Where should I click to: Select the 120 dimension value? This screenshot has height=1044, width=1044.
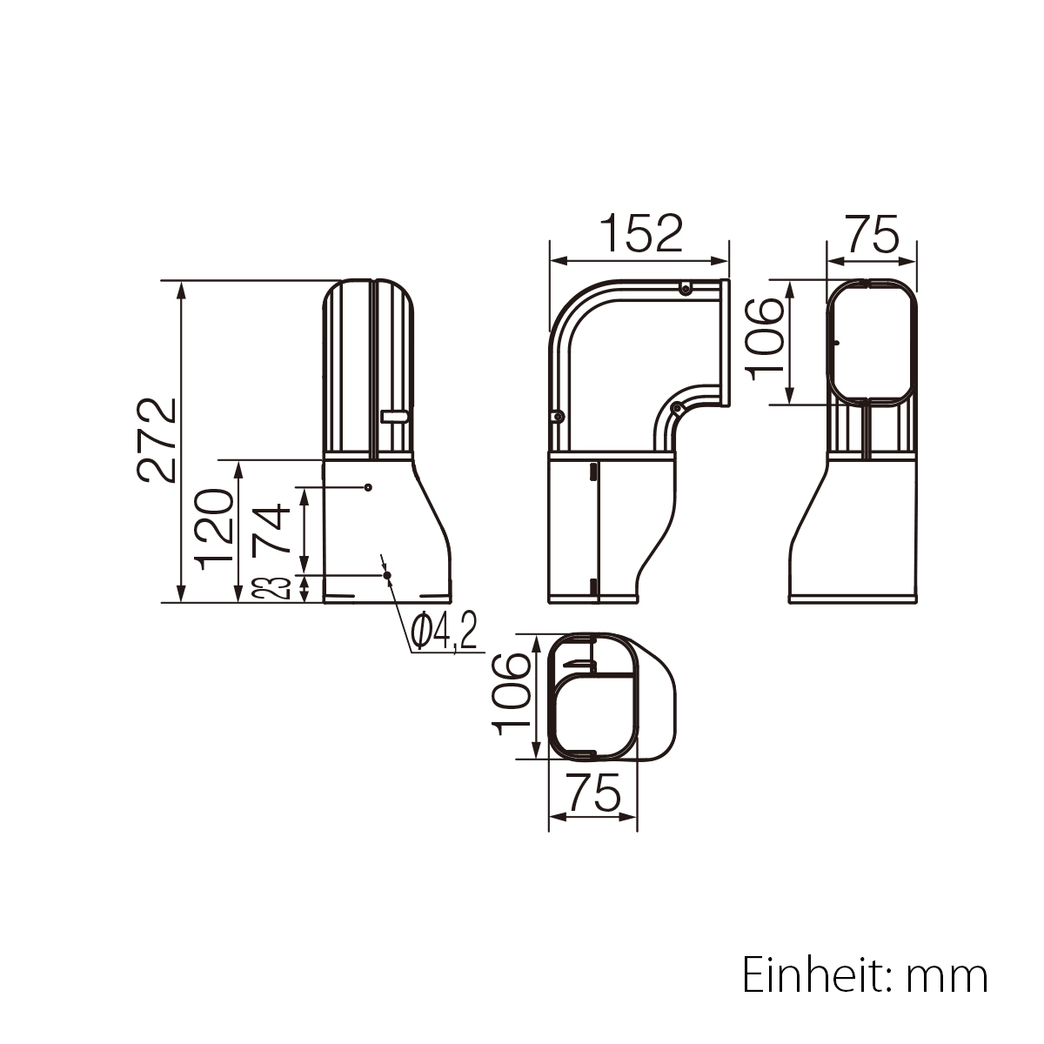(213, 528)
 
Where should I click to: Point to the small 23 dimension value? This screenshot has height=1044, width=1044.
(272, 589)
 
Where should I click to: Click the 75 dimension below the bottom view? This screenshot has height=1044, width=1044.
(592, 792)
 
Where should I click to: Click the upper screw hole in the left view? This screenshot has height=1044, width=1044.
(369, 487)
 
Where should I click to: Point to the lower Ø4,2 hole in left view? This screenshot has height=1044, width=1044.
(387, 575)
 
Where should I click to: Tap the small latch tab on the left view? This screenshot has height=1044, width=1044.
(394, 418)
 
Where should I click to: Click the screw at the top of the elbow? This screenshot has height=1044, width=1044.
(686, 289)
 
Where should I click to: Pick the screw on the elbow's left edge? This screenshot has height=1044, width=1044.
(554, 418)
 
